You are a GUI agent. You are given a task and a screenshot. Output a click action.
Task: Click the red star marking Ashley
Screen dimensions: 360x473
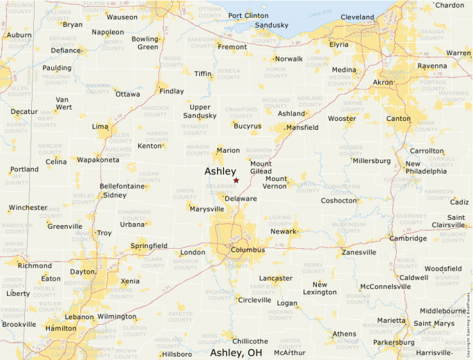[x=236, y=180]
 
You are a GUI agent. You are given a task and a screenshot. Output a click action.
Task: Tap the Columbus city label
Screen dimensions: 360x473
[x=248, y=249]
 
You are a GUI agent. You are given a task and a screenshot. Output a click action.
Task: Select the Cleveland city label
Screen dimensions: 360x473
[x=358, y=17]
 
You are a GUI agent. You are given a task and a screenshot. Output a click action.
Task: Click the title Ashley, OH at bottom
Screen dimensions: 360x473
[x=236, y=352]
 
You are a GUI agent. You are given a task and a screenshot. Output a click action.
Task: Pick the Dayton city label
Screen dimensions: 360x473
[x=82, y=272]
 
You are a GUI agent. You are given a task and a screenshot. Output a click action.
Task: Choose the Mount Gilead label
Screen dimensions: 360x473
[x=261, y=167]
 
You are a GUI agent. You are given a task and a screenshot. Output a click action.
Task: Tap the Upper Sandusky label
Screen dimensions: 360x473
[x=203, y=111]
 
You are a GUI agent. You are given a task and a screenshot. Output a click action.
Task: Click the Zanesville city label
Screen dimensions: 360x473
[x=359, y=252]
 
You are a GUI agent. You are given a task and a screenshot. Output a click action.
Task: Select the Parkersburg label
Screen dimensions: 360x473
[x=394, y=341]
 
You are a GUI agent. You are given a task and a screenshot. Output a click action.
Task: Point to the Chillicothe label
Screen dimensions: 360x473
[x=250, y=341]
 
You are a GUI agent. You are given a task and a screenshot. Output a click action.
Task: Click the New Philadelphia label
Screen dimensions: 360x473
[x=426, y=167]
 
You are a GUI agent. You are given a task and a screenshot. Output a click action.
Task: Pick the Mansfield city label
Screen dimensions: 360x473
[x=302, y=127]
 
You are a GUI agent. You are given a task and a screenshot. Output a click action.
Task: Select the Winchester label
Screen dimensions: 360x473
[x=28, y=207]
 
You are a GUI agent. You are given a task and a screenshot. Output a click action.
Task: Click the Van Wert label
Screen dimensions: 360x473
[x=63, y=103]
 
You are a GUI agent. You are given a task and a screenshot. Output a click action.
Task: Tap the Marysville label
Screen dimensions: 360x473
[x=207, y=209]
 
